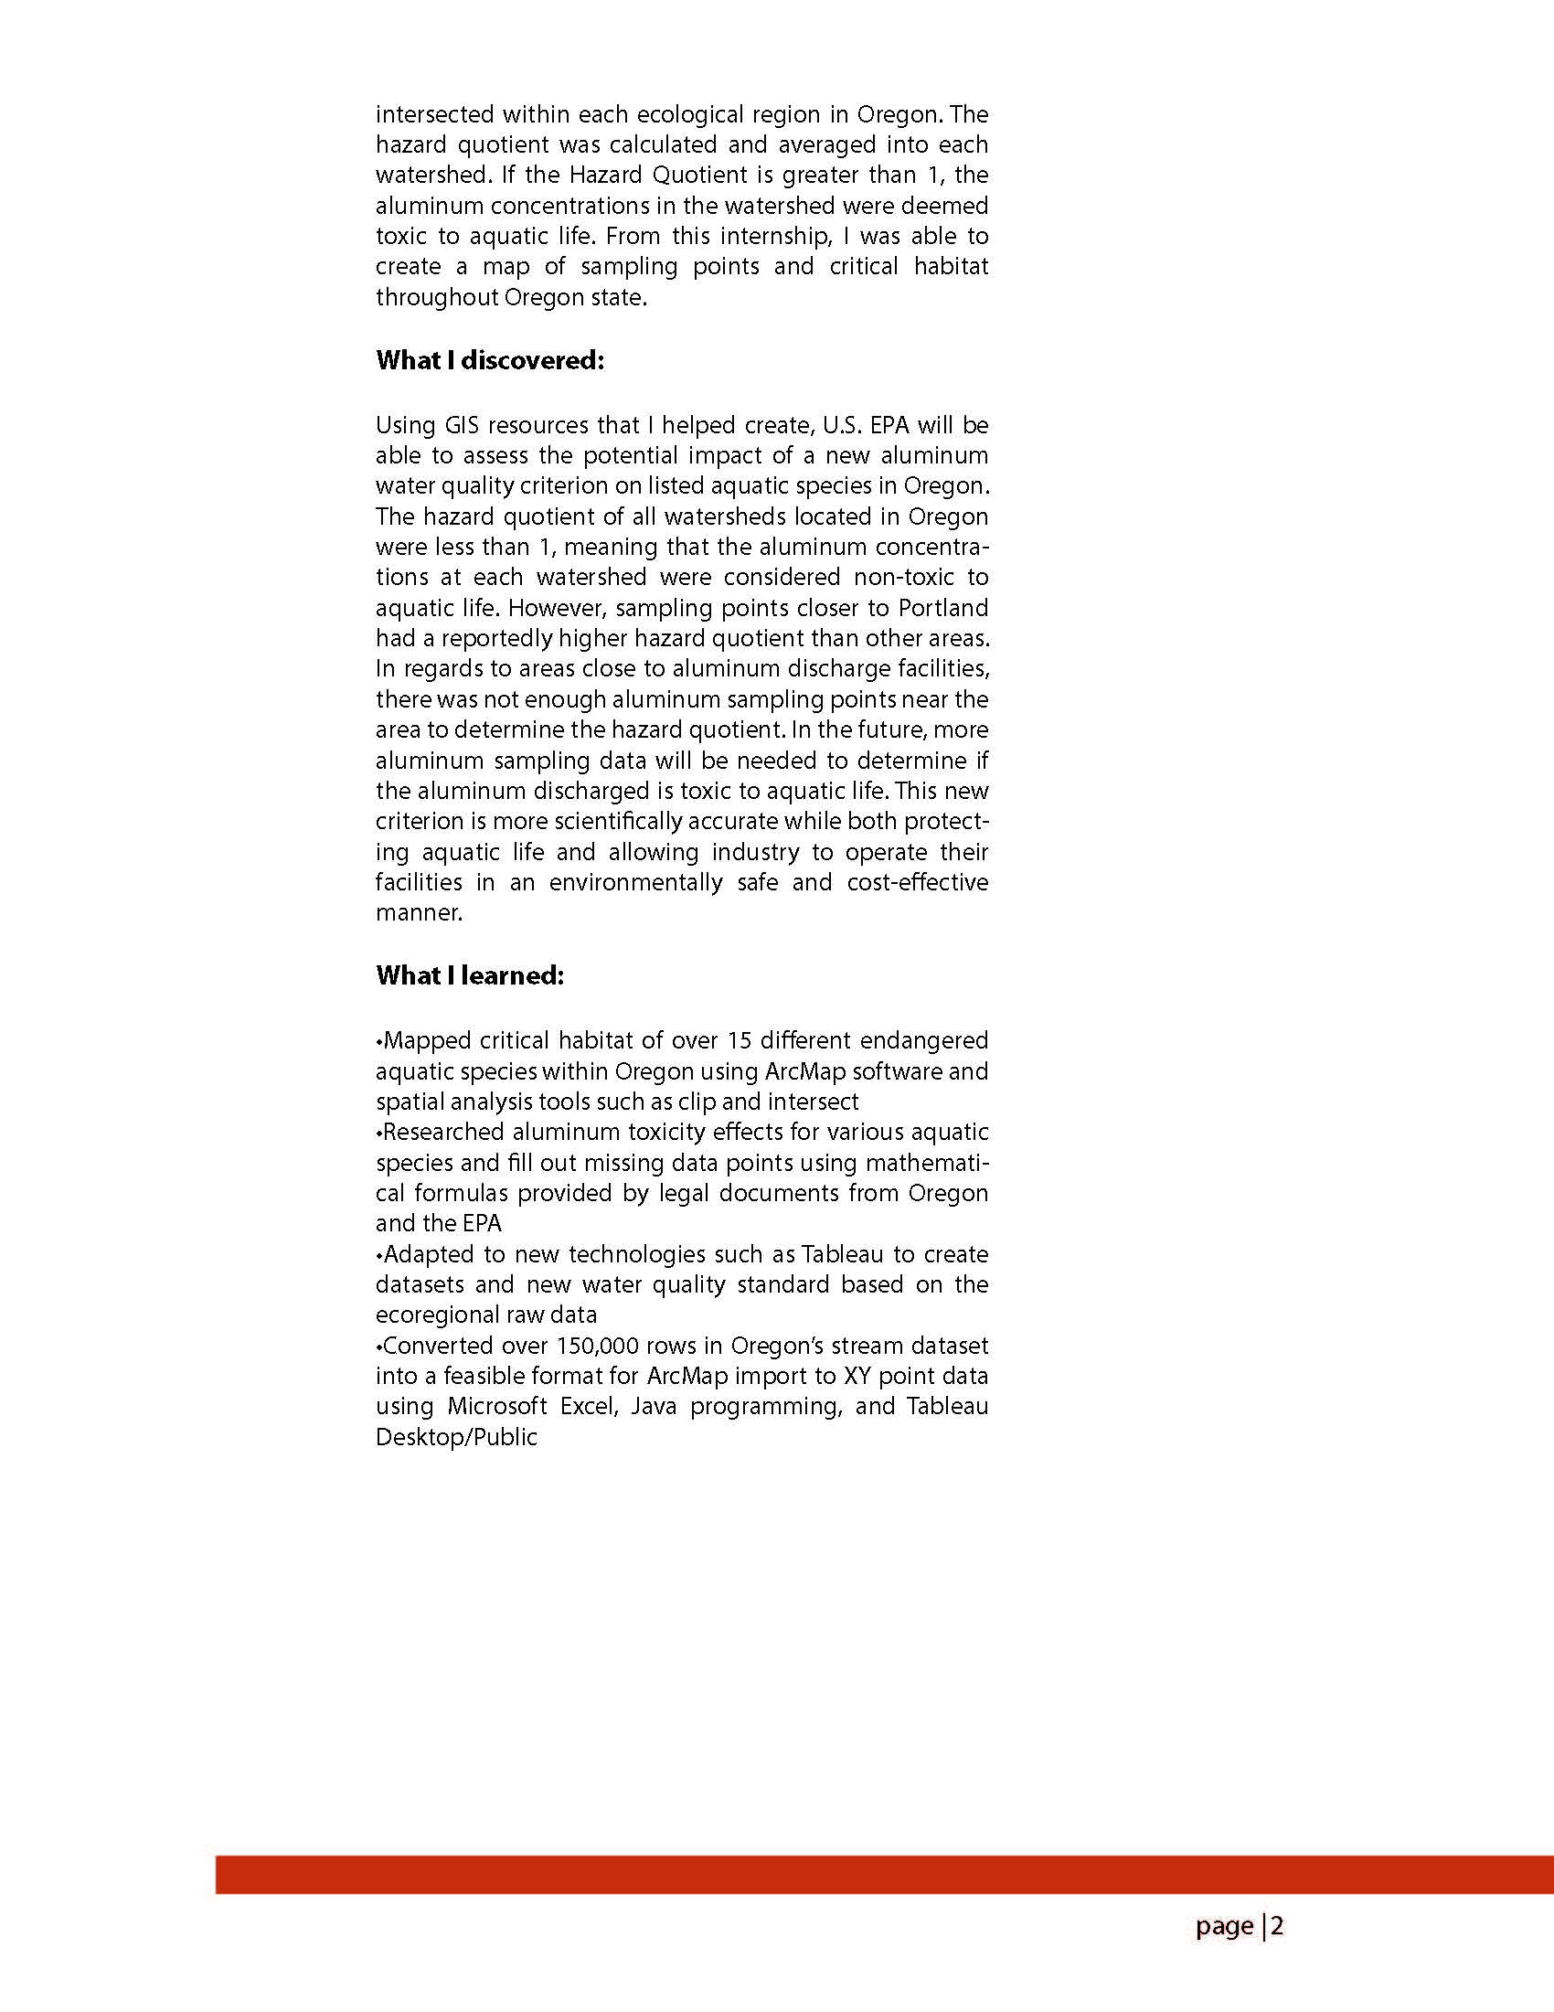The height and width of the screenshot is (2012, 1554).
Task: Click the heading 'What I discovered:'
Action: click(489, 360)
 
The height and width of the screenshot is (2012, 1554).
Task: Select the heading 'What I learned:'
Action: click(469, 975)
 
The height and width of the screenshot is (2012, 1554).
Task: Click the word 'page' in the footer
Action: click(1224, 1926)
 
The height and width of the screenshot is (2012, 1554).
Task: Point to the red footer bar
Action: click(884, 1875)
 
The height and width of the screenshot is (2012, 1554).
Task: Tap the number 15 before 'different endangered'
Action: click(740, 1041)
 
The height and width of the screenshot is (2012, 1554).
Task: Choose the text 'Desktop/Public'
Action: click(456, 1437)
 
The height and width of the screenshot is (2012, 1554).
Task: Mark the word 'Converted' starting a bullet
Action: click(436, 1346)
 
